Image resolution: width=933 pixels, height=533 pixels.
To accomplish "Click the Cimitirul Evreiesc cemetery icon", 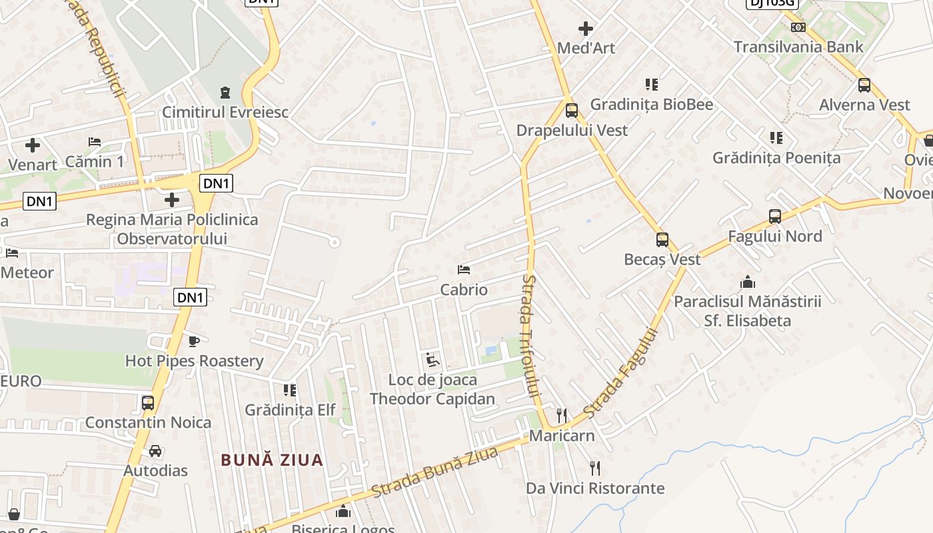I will [225, 91].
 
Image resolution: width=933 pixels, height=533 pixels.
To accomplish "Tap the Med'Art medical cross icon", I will [586, 29].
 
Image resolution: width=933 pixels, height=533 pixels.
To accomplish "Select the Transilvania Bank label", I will [798, 47].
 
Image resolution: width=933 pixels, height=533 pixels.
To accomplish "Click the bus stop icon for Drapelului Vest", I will [571, 111].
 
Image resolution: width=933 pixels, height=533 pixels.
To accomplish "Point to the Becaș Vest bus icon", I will [662, 240].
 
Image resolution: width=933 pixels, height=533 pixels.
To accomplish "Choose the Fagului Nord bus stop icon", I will [774, 217].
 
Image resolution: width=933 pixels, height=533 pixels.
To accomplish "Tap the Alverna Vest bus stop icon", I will [864, 85].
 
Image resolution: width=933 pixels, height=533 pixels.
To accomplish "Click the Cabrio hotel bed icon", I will [464, 270].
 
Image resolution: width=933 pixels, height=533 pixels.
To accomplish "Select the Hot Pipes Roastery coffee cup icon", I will [193, 341].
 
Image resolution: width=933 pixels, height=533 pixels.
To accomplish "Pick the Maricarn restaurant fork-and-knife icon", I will [562, 416].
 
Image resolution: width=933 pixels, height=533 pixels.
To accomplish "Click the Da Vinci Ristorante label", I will [595, 488].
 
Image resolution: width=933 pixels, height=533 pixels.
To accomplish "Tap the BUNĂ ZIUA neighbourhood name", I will [272, 460].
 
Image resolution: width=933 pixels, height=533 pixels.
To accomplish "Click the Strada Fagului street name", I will [621, 373].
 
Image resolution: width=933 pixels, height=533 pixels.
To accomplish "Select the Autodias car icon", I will [155, 451].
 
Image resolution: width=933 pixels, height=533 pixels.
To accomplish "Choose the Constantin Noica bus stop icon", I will [148, 403].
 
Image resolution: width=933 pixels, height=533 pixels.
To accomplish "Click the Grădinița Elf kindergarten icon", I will [289, 390].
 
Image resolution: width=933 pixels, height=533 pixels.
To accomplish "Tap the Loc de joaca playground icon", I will [433, 360].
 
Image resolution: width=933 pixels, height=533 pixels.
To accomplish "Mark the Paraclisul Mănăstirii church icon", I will [748, 282].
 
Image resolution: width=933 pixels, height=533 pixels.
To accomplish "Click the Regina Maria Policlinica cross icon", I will [172, 199].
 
